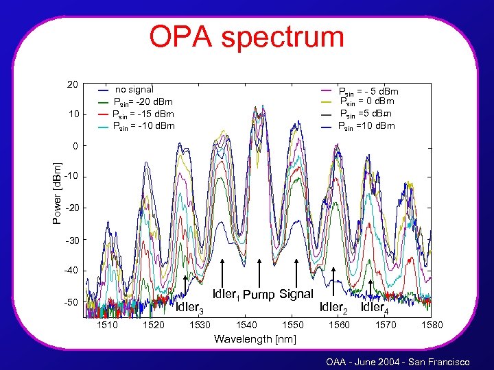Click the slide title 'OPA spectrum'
click(246, 36)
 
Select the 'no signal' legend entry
click(134, 89)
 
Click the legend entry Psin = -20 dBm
click(143, 101)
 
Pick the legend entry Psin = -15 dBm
click(143, 114)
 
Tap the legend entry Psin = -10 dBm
click(143, 126)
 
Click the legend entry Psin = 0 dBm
click(368, 102)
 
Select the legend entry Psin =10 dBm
click(366, 126)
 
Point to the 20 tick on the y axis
click(72, 84)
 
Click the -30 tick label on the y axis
click(71, 240)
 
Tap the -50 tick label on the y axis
click(71, 302)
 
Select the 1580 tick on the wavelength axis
click(432, 325)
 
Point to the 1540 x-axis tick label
click(246, 325)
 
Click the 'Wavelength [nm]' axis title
click(255, 338)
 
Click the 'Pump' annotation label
click(259, 295)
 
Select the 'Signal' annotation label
click(296, 293)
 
